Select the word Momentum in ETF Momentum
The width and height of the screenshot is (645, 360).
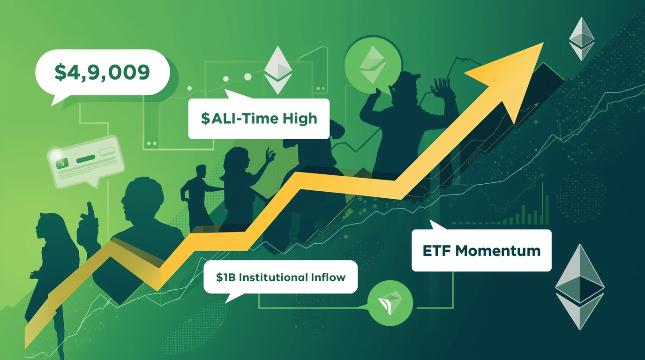499,250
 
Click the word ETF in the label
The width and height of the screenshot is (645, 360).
437,250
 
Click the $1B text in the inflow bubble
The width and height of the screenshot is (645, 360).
226,277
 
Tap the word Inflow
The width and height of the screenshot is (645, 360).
328,277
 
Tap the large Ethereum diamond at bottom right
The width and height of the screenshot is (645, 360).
579,286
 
